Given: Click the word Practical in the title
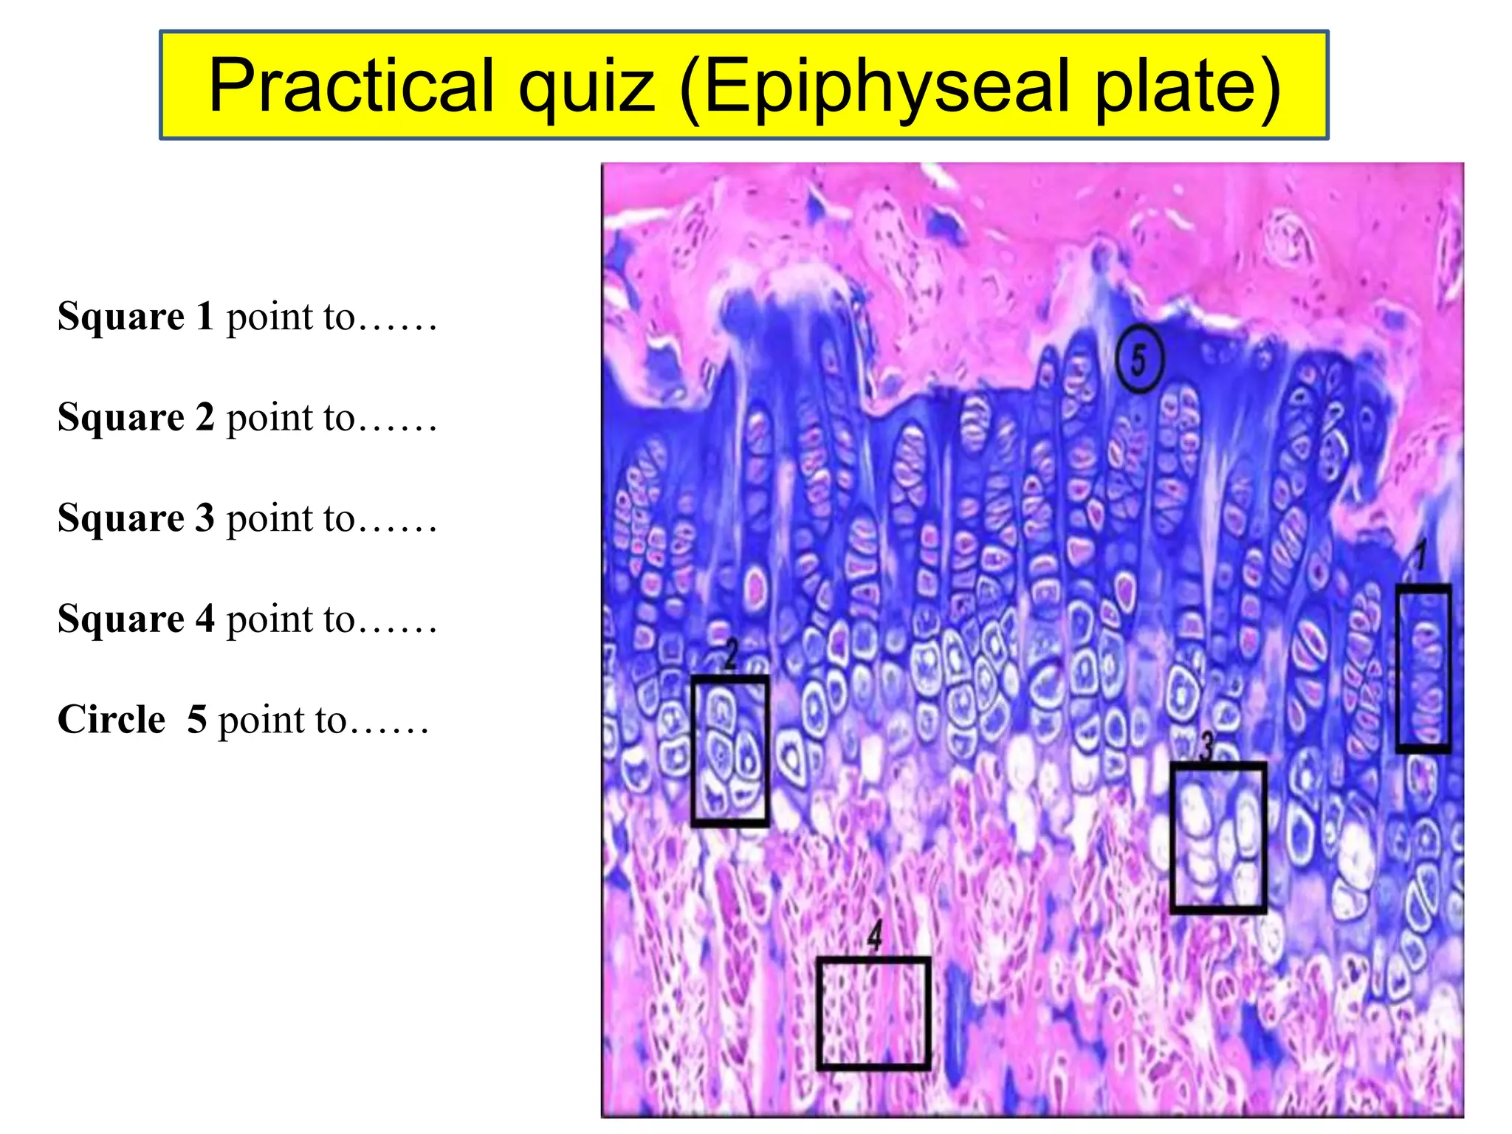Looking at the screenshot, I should [351, 86].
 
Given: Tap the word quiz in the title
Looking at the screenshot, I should [586, 86].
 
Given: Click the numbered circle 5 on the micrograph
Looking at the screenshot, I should [1139, 360].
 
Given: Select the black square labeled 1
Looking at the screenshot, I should [1423, 668].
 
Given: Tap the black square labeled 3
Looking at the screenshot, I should [1218, 837].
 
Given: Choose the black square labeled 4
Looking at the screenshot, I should [873, 1012].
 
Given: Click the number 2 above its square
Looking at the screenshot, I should [731, 654].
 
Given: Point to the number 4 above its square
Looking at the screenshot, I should [875, 935].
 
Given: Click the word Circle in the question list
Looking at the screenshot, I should [111, 719].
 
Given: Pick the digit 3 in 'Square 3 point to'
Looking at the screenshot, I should [205, 518].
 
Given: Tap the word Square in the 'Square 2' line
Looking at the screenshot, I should [120, 418].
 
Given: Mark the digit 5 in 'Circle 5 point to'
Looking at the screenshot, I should [196, 719].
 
